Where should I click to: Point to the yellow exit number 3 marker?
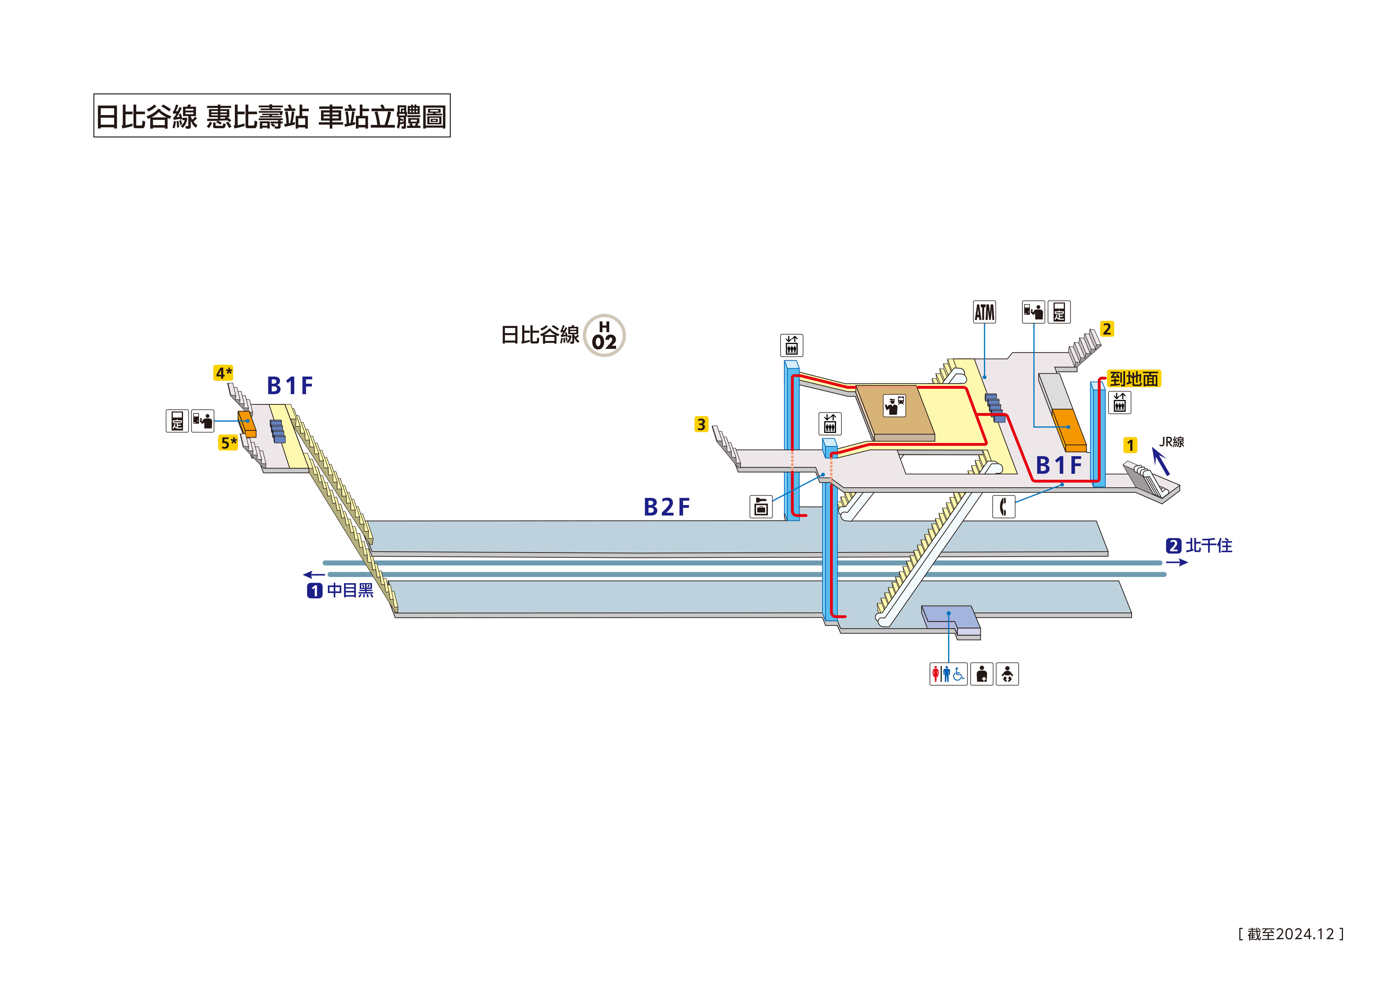(x=701, y=424)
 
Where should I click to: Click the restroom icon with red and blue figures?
(x=948, y=674)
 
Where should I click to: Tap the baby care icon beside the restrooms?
(x=1007, y=674)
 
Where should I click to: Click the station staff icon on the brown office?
(x=894, y=405)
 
